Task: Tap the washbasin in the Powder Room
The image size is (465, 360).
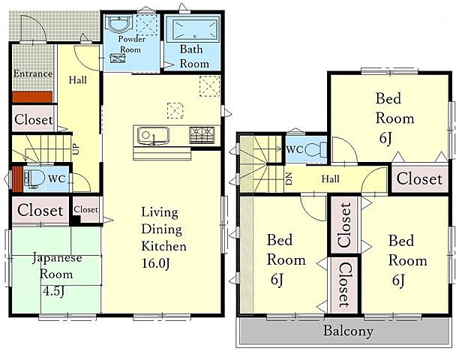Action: pos(118,24)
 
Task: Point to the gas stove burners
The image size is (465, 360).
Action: pos(202,134)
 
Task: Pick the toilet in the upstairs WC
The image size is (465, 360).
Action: pos(316,149)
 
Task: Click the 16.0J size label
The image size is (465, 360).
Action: pos(156,263)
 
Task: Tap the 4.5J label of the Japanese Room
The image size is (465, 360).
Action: pos(54,291)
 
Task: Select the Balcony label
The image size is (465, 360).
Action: pos(348,331)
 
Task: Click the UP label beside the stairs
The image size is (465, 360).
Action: pos(76,148)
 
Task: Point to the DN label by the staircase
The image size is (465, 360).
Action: pos(289,179)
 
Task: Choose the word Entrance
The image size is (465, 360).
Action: pos(33,73)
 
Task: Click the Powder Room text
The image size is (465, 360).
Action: pos(131,44)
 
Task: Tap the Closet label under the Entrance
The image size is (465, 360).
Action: pos(34,119)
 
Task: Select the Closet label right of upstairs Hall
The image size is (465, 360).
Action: pos(419,178)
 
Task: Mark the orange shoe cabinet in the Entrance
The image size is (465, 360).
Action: pos(32,97)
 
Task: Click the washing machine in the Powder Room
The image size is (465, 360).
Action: pos(118,58)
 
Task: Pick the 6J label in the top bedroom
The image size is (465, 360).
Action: pos(385,138)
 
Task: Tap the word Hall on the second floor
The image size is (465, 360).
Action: pos(330,178)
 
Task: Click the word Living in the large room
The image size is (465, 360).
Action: pos(160,212)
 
